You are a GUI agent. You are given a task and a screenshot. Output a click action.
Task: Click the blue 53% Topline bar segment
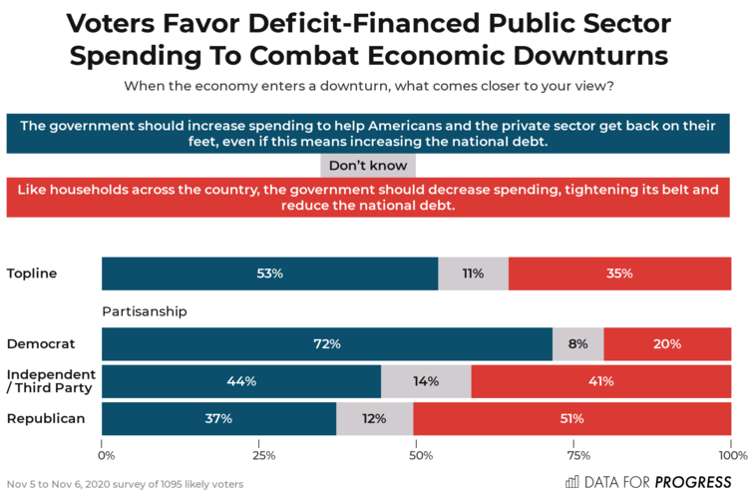[x=269, y=273]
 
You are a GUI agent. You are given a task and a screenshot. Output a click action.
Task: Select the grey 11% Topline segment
[x=473, y=273]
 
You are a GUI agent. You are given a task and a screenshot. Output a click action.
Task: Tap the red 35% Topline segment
[x=619, y=273]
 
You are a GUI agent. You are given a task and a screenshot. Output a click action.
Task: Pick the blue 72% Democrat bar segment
[x=327, y=344]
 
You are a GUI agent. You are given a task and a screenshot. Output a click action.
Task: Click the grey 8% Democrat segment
[x=578, y=344]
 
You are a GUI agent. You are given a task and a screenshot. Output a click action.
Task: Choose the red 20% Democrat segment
[x=667, y=344]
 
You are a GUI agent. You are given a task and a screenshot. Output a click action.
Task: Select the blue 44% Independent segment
[x=241, y=381]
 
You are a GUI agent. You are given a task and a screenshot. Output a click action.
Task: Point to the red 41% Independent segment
[x=601, y=381]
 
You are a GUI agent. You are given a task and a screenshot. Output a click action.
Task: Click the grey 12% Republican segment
[x=374, y=418]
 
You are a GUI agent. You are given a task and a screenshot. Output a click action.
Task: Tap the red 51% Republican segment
[x=571, y=418]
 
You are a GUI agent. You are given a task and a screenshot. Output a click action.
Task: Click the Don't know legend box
[x=367, y=166]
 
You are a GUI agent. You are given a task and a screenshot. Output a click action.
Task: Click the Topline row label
[x=31, y=273]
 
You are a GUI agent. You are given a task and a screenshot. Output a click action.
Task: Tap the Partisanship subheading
[x=145, y=311]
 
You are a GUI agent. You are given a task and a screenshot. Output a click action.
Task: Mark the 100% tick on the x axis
[x=731, y=454]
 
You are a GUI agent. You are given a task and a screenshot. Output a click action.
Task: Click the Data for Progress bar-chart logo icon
[x=571, y=481]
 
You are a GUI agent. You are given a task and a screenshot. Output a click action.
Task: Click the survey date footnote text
[x=125, y=484]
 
